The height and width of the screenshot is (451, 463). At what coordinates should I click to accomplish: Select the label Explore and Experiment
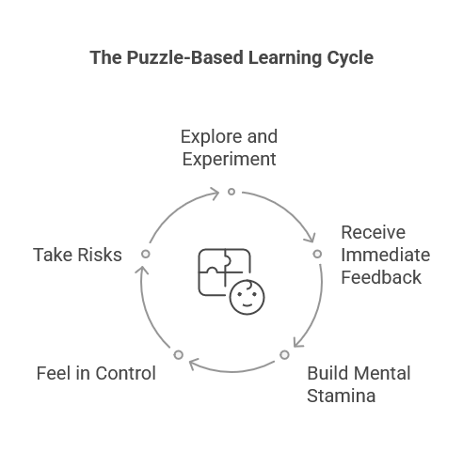coord(230,148)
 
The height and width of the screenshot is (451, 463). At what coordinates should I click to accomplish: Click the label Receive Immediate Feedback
coord(386,255)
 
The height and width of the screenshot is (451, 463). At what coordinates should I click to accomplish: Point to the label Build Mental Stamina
coord(359,384)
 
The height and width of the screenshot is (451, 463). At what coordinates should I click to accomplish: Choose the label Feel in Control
coord(96,373)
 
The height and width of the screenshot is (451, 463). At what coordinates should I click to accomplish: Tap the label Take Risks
coord(77,255)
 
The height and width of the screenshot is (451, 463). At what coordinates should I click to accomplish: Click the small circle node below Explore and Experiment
coord(231,192)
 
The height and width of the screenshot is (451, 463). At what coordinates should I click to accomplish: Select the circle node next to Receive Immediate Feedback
coord(317,254)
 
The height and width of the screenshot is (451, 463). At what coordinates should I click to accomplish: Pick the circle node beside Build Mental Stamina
coord(284,355)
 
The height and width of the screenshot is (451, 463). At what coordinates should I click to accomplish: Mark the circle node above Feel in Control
coord(179,355)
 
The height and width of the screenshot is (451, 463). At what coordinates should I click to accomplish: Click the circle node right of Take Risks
coord(146,254)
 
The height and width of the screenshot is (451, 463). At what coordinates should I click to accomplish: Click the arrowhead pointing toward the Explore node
coord(216,194)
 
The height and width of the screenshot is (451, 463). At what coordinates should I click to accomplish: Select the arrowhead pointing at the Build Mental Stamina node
coord(297,343)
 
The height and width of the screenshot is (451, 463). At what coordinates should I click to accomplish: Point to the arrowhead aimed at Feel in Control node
coord(193,365)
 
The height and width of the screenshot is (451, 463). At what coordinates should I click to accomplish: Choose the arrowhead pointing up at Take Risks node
coord(141,270)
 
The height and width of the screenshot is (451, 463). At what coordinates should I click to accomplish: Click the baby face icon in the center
coord(247,297)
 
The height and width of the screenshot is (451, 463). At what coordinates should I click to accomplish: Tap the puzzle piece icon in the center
coord(224,272)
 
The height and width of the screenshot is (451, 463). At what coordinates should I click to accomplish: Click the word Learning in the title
coord(285,58)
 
